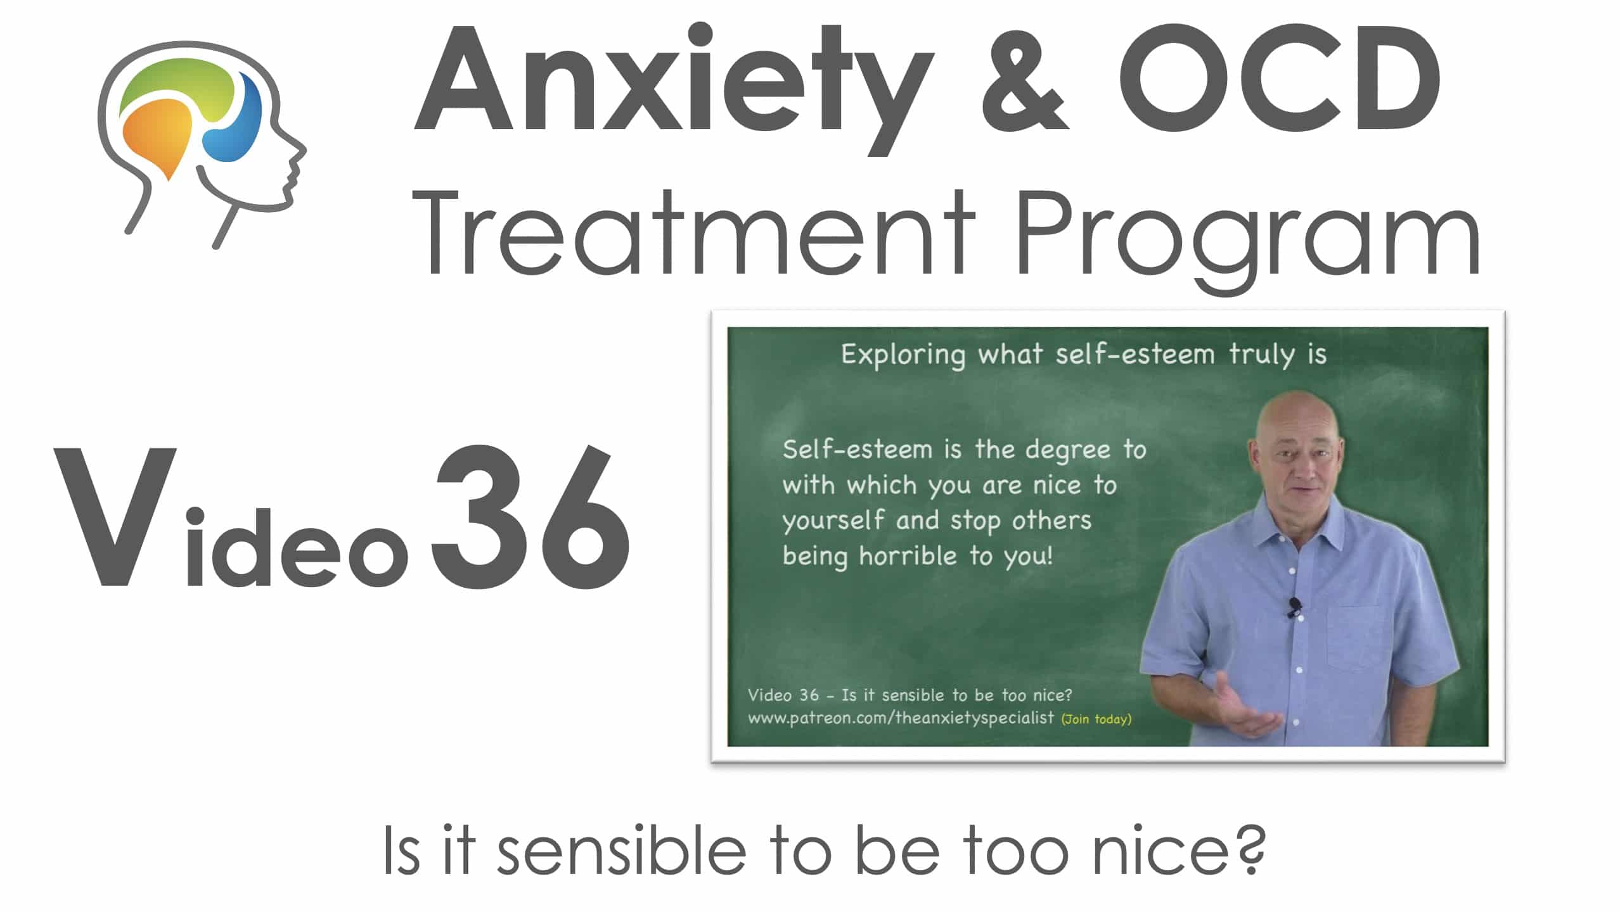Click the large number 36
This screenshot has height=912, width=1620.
(531, 516)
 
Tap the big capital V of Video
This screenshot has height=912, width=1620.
(115, 517)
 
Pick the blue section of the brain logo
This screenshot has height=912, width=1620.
(238, 124)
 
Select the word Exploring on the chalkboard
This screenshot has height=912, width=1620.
(903, 355)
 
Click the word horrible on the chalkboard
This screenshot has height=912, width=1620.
(908, 555)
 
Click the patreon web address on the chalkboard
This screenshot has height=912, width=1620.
(901, 718)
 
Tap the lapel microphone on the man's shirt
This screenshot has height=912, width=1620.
(1294, 607)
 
